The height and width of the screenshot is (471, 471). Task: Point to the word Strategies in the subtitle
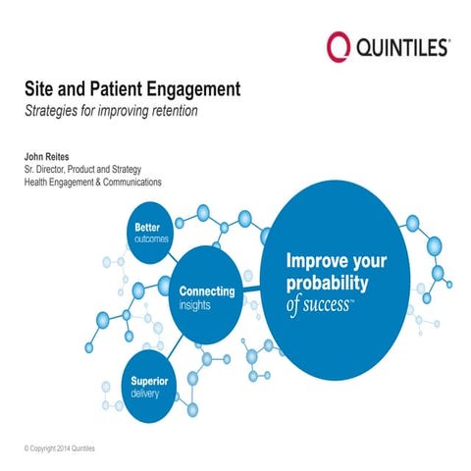coord(54,110)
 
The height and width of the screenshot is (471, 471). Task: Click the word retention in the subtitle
coord(173,110)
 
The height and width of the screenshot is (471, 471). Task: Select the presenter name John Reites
coord(52,155)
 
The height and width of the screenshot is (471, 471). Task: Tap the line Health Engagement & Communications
coord(92,182)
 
